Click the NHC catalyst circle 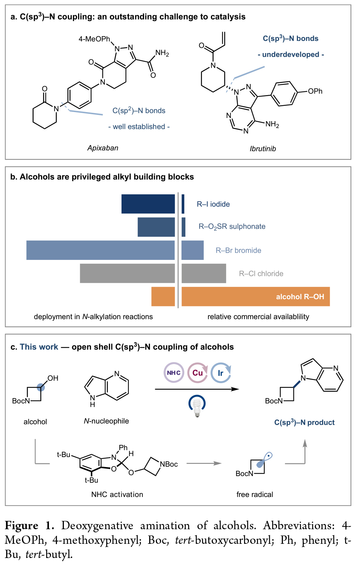pyautogui.click(x=174, y=373)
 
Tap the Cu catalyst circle pyautogui.click(x=198, y=373)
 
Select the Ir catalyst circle pyautogui.click(x=221, y=373)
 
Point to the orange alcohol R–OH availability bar pyautogui.click(x=256, y=297)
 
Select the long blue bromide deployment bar pyautogui.click(x=100, y=250)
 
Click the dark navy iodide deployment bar pyautogui.click(x=148, y=204)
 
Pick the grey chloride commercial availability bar pyautogui.click(x=204, y=273)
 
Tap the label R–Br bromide pyautogui.click(x=238, y=251)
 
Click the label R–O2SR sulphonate pyautogui.click(x=232, y=227)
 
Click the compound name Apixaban pyautogui.click(x=103, y=148)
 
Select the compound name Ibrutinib pyautogui.click(x=263, y=149)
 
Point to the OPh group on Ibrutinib pyautogui.click(x=315, y=91)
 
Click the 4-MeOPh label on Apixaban pyautogui.click(x=94, y=39)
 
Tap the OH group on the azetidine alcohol pyautogui.click(x=53, y=378)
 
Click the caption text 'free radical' pyautogui.click(x=255, y=495)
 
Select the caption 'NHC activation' pyautogui.click(x=117, y=495)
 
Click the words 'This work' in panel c pyautogui.click(x=39, y=347)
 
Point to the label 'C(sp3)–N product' pyautogui.click(x=304, y=422)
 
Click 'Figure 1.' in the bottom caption pyautogui.click(x=29, y=526)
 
